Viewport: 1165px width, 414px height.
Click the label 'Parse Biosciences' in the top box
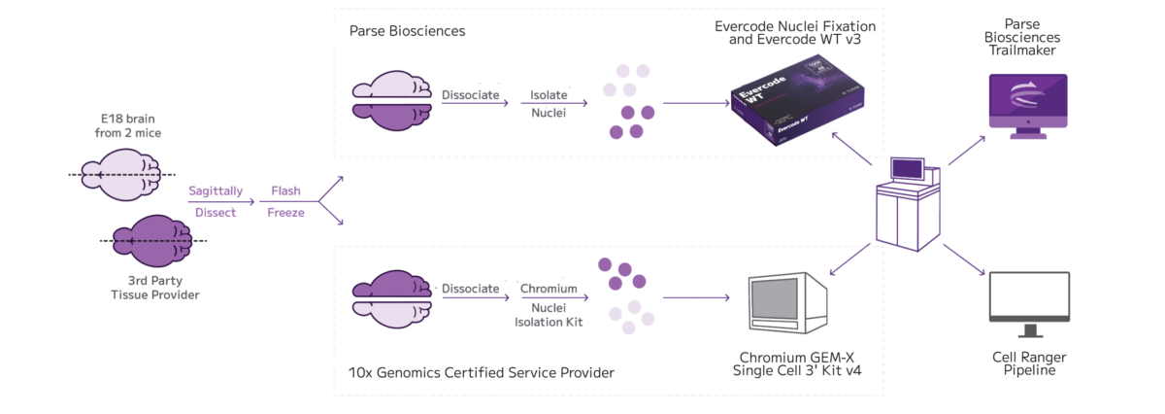pos(407,31)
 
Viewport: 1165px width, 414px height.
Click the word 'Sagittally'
pos(215,191)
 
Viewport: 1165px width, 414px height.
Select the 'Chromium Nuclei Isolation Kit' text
pos(549,305)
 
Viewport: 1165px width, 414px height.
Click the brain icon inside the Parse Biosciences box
pos(389,101)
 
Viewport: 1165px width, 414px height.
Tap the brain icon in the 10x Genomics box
pos(389,303)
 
